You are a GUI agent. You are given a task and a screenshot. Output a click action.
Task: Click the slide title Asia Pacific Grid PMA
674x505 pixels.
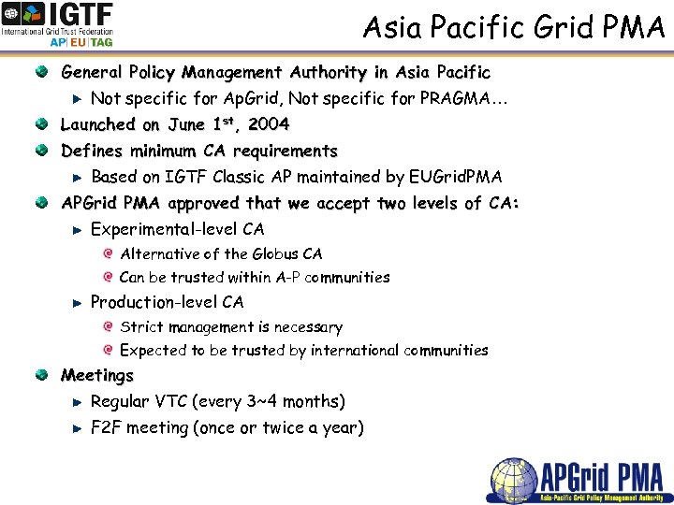[513, 27]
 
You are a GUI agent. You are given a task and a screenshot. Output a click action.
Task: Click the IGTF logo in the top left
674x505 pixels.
[58, 23]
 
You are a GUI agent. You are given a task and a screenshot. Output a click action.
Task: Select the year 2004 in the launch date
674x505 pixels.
[269, 124]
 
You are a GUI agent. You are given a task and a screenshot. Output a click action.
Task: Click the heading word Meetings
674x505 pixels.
[97, 376]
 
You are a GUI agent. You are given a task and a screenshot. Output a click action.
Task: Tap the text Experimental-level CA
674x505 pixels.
[177, 229]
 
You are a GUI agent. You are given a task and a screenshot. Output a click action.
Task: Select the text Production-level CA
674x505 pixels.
[167, 302]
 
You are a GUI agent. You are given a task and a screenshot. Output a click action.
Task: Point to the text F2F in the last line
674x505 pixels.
[106, 428]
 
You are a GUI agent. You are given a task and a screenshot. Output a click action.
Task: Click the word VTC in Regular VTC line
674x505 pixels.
[170, 402]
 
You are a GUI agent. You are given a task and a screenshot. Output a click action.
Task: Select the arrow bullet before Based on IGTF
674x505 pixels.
[79, 177]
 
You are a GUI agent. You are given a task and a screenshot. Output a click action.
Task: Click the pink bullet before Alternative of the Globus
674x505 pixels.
[110, 253]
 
